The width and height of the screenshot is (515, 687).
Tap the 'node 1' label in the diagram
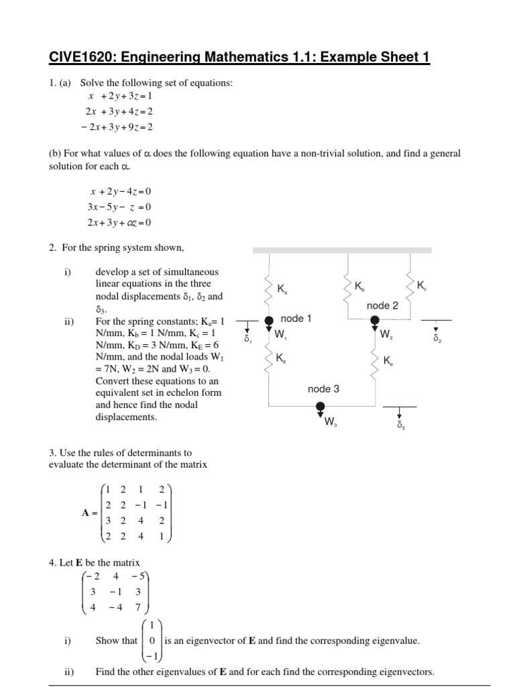[x=296, y=319]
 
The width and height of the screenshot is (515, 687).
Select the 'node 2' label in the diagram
[x=383, y=305]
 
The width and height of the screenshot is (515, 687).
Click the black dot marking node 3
[x=321, y=406]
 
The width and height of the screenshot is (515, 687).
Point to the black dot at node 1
[x=269, y=320]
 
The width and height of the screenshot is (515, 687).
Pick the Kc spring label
[x=421, y=286]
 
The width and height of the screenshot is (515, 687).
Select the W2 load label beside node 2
[x=386, y=334]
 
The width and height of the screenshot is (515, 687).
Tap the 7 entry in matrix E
[x=138, y=608]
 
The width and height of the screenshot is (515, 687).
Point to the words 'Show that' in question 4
[x=116, y=641]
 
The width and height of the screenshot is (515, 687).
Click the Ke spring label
[x=388, y=362]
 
